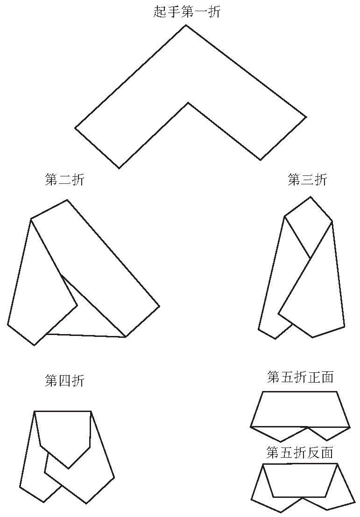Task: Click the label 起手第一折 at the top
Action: (x=187, y=12)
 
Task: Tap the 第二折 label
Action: (x=65, y=180)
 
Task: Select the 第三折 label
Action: (x=308, y=180)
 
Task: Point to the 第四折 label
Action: (x=65, y=381)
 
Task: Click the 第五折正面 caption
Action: (x=300, y=377)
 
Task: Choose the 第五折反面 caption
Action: (x=300, y=453)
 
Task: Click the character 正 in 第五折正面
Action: (x=313, y=377)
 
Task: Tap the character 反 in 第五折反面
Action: (x=313, y=453)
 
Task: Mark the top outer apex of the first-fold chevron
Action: (x=185, y=25)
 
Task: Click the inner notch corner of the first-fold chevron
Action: (x=188, y=103)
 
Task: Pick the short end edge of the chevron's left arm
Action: (x=97, y=148)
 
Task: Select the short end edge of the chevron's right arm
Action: (x=283, y=139)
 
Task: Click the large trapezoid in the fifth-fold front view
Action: (x=300, y=409)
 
